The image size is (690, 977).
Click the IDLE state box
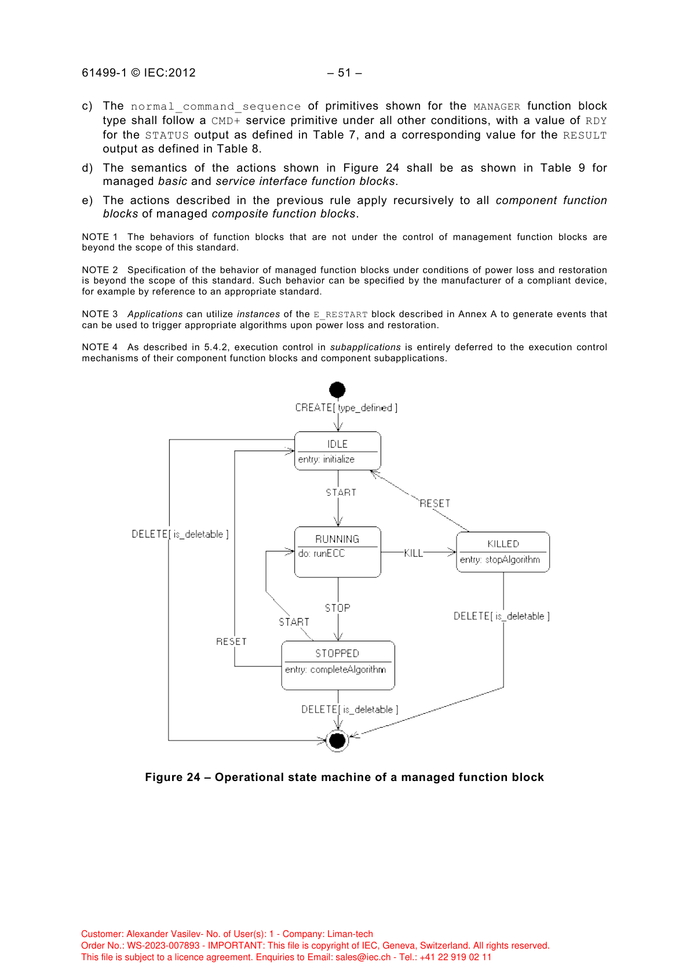pyautogui.click(x=337, y=451)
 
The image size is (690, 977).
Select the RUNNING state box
pyautogui.click(x=337, y=551)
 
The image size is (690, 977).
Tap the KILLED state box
pyautogui.click(x=502, y=551)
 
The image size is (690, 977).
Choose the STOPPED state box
pyautogui.click(x=338, y=664)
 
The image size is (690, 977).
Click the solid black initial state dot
pyautogui.click(x=337, y=390)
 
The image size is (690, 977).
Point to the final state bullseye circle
pyautogui.click(x=337, y=740)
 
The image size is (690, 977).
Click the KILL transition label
pyautogui.click(x=413, y=553)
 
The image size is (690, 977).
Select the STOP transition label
pyautogui.click(x=337, y=608)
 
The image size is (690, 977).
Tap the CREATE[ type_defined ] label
pyautogui.click(x=346, y=408)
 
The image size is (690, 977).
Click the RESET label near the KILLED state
pyautogui.click(x=435, y=503)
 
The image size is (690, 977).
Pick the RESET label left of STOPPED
pyautogui.click(x=231, y=641)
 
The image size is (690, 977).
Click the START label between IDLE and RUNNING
pyautogui.click(x=341, y=492)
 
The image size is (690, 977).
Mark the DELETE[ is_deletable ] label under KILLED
pyautogui.click(x=501, y=616)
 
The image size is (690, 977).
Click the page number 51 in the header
pyautogui.click(x=344, y=72)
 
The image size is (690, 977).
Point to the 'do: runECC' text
pyautogui.click(x=321, y=553)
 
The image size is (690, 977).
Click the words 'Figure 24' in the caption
pyautogui.click(x=172, y=777)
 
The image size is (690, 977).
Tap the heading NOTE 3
pyautogui.click(x=100, y=314)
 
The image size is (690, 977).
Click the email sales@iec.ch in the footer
pyautogui.click(x=363, y=957)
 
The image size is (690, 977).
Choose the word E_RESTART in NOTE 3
pyautogui.click(x=340, y=314)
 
